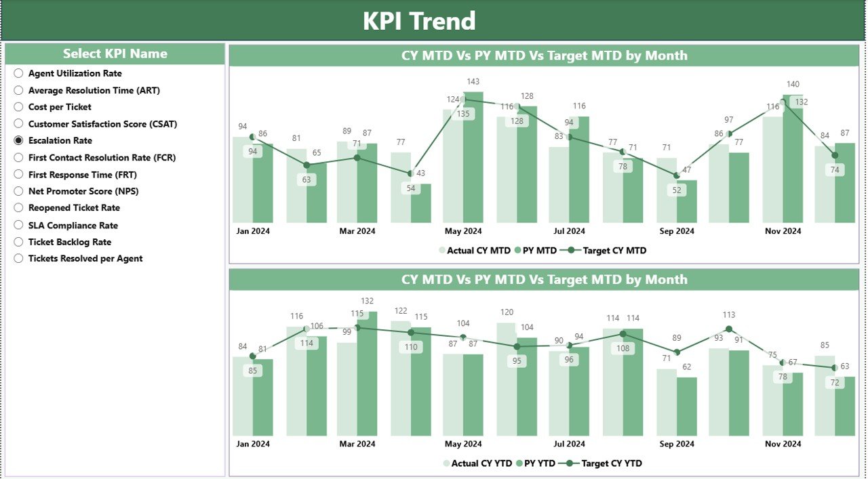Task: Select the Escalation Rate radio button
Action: pos(18,140)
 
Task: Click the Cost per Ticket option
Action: pos(60,107)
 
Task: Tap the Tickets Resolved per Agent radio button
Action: pos(18,258)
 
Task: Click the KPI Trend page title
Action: pos(419,21)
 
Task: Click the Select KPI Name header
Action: pos(115,54)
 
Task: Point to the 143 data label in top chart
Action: pos(473,82)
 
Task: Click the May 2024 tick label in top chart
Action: pos(463,231)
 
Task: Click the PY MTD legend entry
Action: pos(536,251)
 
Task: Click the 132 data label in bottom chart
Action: pos(367,301)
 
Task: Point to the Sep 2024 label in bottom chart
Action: pos(676,444)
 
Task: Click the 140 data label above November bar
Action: pos(792,85)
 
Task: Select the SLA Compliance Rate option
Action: pos(73,225)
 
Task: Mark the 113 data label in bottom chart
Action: pos(729,315)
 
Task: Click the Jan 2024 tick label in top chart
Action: pos(253,231)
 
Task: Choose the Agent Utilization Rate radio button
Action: pos(18,73)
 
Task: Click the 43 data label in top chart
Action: pos(420,173)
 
